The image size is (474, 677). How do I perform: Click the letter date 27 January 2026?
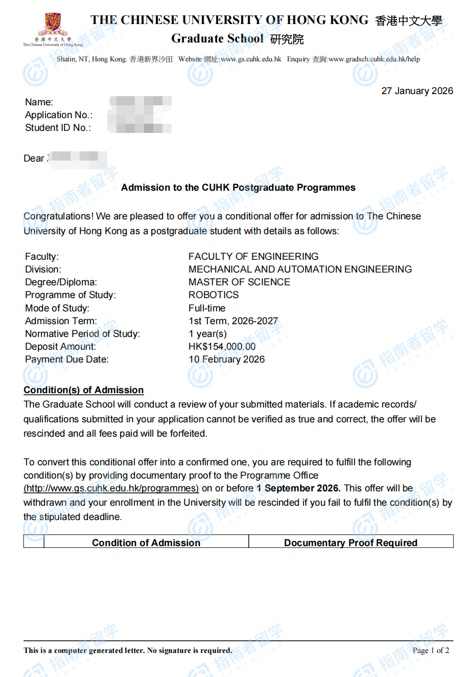[x=417, y=91]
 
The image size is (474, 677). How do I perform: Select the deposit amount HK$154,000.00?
[x=222, y=347]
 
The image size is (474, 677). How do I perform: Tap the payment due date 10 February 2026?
[x=226, y=359]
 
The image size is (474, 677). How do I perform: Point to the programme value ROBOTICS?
[x=214, y=295]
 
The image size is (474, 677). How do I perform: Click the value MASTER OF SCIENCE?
[x=239, y=282]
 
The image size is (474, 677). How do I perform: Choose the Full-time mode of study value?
[x=207, y=308]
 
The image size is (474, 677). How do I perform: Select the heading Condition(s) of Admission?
[x=84, y=390]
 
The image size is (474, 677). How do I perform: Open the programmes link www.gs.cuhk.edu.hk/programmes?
[x=111, y=488]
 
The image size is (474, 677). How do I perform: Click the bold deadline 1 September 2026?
[x=298, y=488]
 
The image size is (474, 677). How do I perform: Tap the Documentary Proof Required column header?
[x=350, y=543]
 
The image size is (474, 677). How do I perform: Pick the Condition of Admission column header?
[x=146, y=543]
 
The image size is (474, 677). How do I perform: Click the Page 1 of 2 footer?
[x=431, y=650]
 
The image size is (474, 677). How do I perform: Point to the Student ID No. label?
[x=58, y=128]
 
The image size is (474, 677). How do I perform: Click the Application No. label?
[x=59, y=115]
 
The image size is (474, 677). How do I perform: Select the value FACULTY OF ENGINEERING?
[x=253, y=257]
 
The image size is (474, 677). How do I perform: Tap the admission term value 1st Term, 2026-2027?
[x=233, y=321]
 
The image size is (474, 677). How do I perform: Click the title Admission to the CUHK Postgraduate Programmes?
[x=238, y=188]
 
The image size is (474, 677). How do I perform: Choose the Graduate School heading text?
[x=217, y=39]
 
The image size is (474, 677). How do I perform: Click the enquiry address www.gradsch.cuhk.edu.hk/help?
[x=374, y=59]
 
